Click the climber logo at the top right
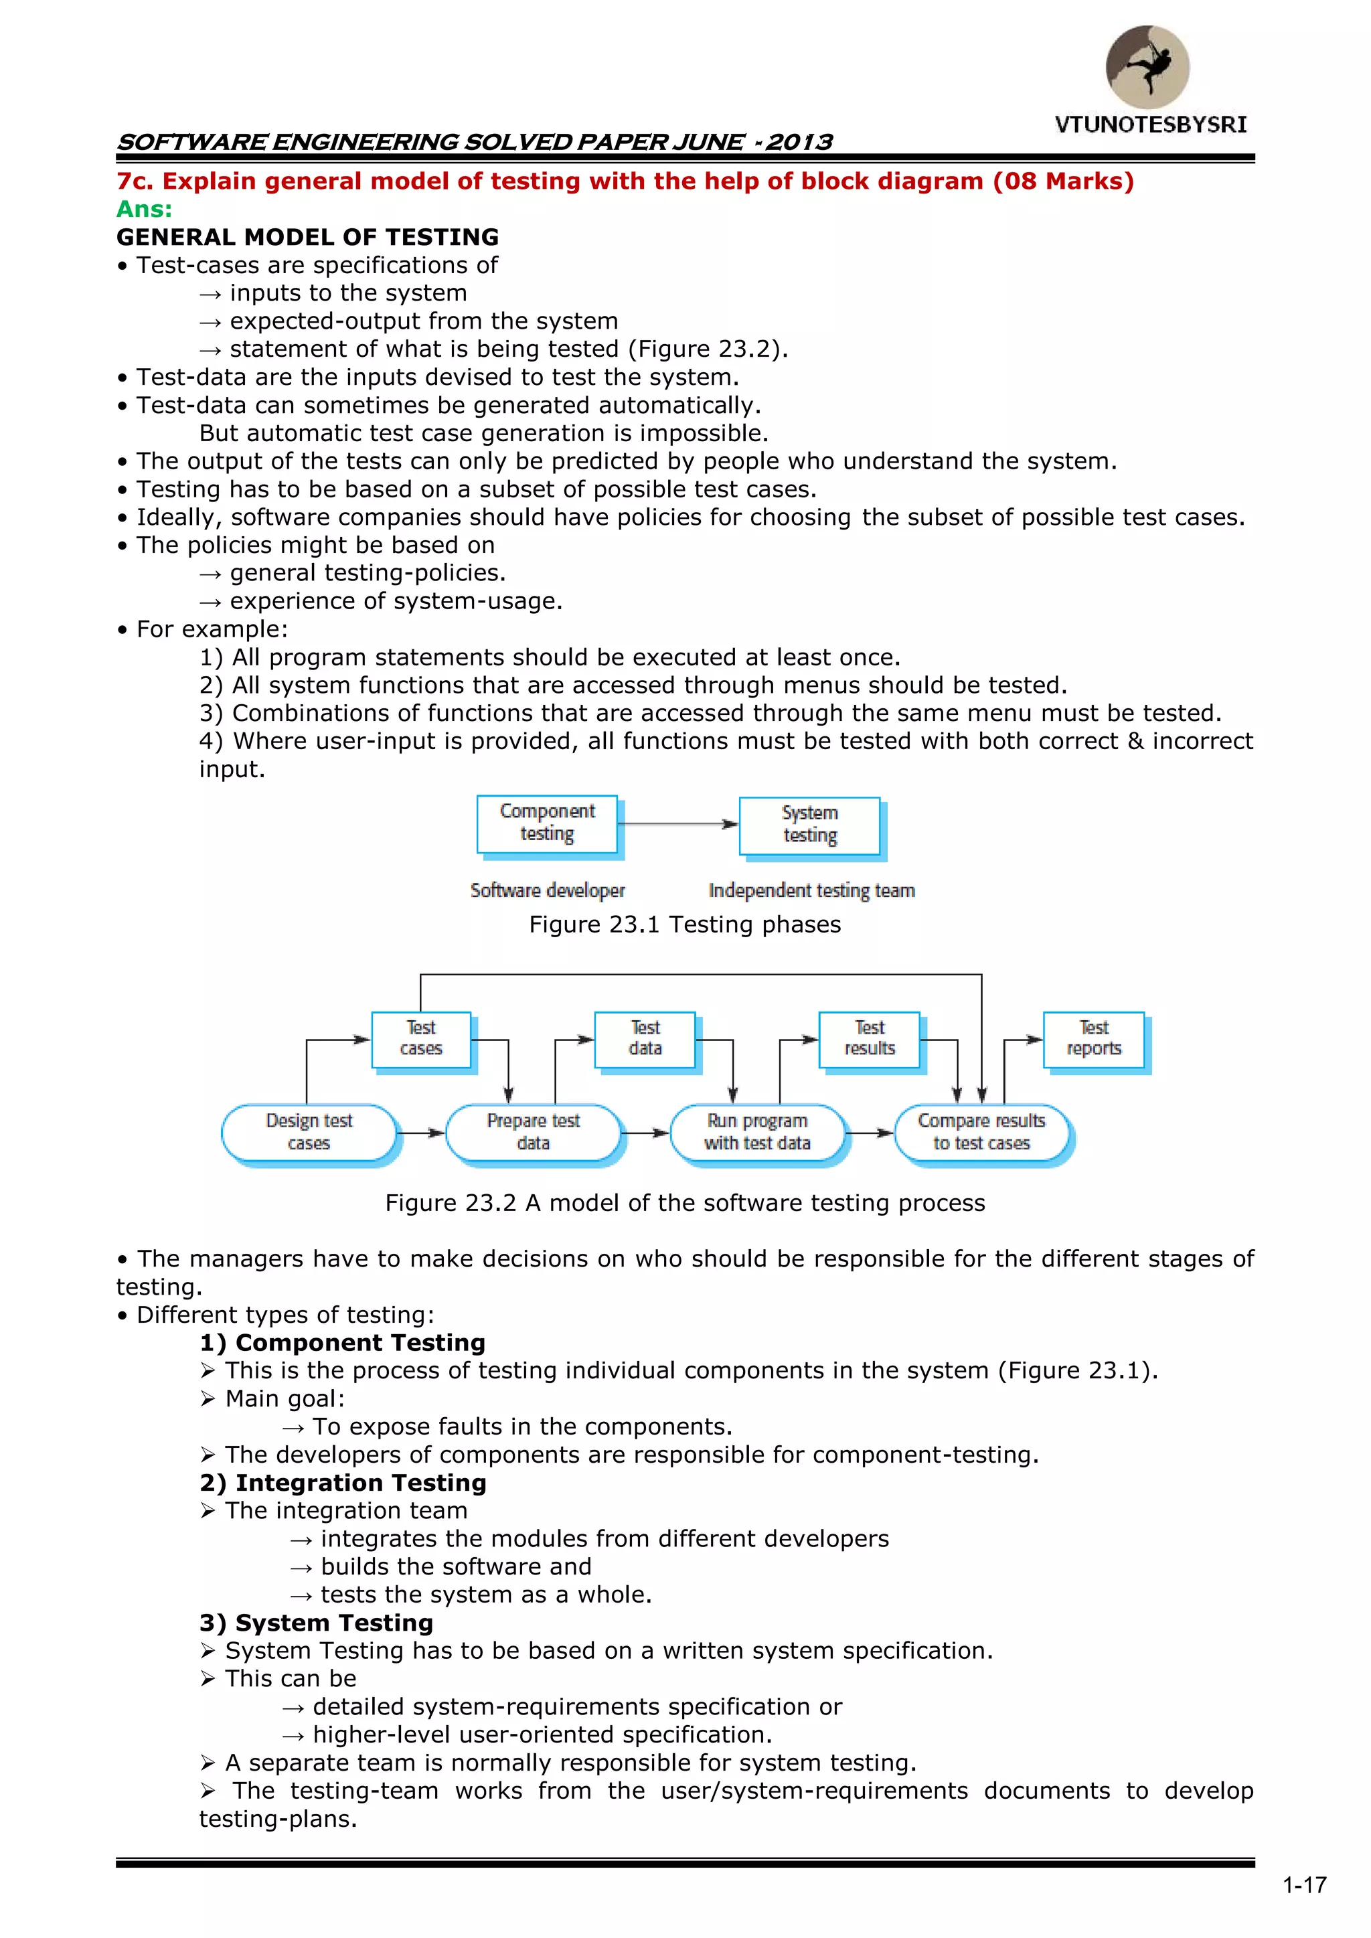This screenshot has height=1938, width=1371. click(x=1147, y=67)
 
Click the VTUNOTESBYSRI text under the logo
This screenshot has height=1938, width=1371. click(x=1150, y=125)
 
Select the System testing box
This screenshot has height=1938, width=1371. click(x=809, y=825)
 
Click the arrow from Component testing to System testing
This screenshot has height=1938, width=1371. click(x=678, y=824)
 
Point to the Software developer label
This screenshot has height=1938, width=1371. click(x=547, y=890)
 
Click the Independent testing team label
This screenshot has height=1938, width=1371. click(x=811, y=890)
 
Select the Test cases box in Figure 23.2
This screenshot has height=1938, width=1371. click(x=420, y=1039)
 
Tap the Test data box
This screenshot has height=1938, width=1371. click(x=645, y=1039)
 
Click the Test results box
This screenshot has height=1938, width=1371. click(x=870, y=1039)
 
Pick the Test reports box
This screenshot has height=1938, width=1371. click(x=1093, y=1039)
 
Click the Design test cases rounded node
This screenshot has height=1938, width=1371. click(x=309, y=1132)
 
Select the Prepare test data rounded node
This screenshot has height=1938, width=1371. click(x=533, y=1132)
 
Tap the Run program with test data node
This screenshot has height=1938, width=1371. click(x=757, y=1132)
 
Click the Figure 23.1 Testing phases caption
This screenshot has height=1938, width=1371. click(x=685, y=925)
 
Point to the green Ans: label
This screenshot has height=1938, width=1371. click(x=145, y=210)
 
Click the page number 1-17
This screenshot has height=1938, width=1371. click(x=1304, y=1886)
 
